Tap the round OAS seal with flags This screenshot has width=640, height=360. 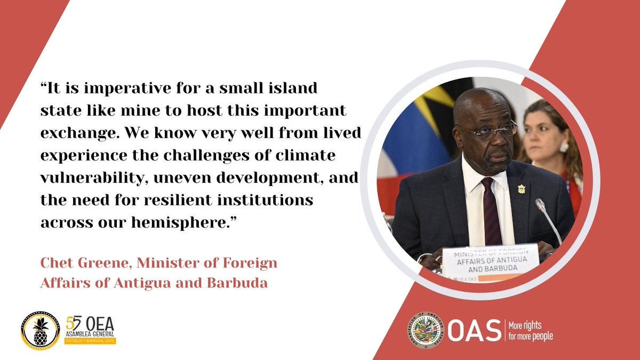point(425,331)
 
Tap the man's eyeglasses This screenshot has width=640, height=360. point(487,130)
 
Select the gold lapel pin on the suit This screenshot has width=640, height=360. point(521,189)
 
